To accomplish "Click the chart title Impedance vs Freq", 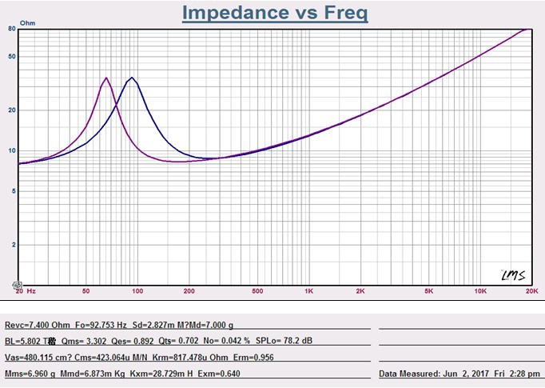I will [275, 13].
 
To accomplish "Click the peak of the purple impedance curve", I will [106, 78].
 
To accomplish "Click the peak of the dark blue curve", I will [132, 78].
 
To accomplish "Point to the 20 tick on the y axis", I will [12, 110].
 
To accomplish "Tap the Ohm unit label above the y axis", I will [27, 24].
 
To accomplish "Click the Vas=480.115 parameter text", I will [38, 358].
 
